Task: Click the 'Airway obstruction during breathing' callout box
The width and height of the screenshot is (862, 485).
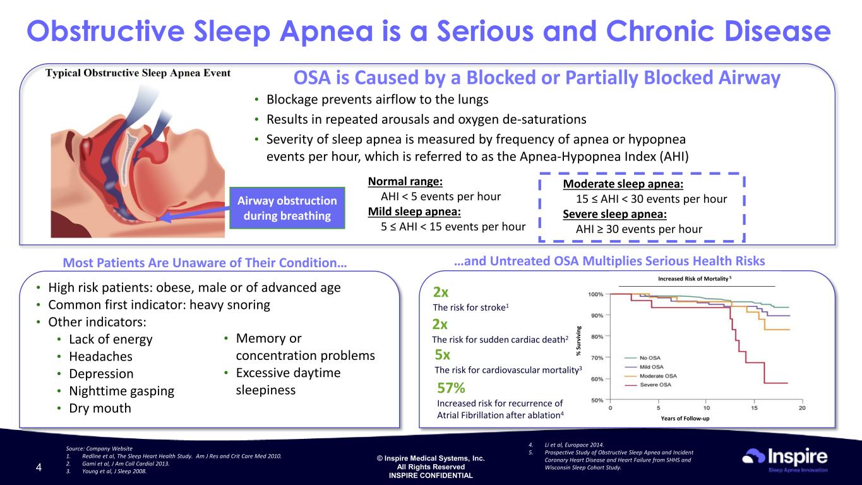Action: pyautogui.click(x=287, y=208)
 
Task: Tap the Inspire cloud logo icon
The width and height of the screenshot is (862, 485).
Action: pyautogui.click(x=753, y=456)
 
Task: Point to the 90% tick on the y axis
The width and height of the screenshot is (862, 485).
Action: pyautogui.click(x=597, y=316)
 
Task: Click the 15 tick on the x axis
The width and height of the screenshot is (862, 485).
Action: pyautogui.click(x=754, y=407)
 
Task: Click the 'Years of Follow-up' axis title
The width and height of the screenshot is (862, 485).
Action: pyautogui.click(x=685, y=419)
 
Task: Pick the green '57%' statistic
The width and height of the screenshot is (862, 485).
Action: pyautogui.click(x=451, y=388)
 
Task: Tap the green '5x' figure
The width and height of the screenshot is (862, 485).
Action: pyautogui.click(x=443, y=354)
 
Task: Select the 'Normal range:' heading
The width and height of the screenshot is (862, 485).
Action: pyautogui.click(x=405, y=181)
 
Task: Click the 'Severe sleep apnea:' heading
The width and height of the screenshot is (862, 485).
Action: pyautogui.click(x=614, y=214)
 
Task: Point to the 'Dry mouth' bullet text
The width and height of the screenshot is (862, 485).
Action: pyautogui.click(x=100, y=408)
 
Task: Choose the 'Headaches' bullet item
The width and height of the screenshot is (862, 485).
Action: pyautogui.click(x=100, y=356)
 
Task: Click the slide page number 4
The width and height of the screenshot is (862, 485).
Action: pyautogui.click(x=39, y=467)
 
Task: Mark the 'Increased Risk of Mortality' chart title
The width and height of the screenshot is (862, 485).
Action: pyautogui.click(x=694, y=278)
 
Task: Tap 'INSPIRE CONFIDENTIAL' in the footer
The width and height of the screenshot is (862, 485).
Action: pyautogui.click(x=431, y=476)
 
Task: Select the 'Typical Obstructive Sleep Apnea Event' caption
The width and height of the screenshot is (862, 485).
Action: pyautogui.click(x=138, y=73)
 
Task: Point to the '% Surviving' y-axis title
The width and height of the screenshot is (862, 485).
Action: pyautogui.click(x=578, y=341)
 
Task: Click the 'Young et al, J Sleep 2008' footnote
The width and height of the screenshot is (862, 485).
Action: pyautogui.click(x=114, y=471)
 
